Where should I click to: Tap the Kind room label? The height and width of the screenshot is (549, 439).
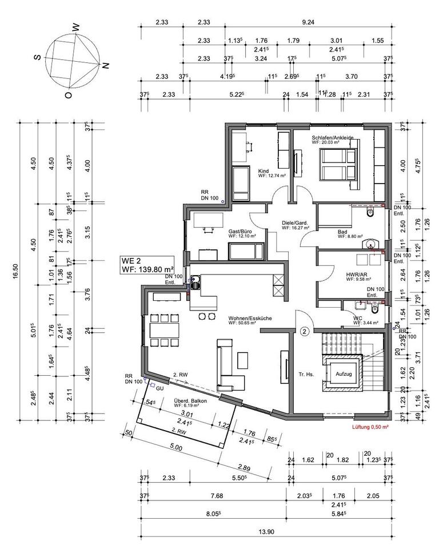[264, 171]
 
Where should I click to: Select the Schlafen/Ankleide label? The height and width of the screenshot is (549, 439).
[333, 138]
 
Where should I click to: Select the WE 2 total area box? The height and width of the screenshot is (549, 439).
[147, 265]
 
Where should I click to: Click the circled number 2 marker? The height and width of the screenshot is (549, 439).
[304, 331]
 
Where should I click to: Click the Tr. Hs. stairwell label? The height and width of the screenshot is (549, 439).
[304, 375]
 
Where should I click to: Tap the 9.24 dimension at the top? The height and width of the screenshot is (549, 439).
[308, 22]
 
